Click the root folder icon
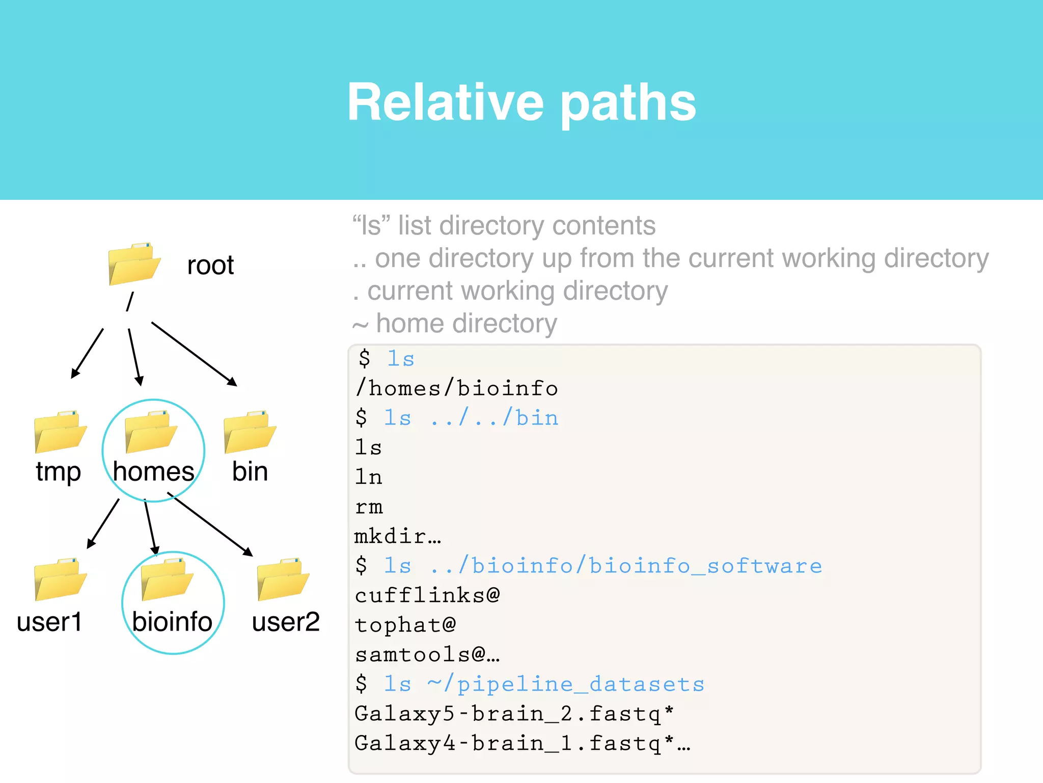coord(134,264)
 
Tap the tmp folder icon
coord(60,432)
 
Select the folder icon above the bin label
coord(250,432)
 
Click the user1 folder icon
coord(60,580)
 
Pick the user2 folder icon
coord(283,580)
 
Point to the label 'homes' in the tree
coord(153,471)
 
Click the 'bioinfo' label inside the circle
coord(172,621)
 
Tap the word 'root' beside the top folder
coord(210,265)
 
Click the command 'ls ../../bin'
coord(471,418)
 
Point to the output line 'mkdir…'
coord(398,536)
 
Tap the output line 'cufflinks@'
coord(427,595)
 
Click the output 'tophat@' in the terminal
coord(405,625)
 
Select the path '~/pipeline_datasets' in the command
coord(566,684)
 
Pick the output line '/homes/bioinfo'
coord(457,388)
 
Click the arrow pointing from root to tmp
coord(87,353)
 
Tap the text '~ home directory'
coord(455,323)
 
